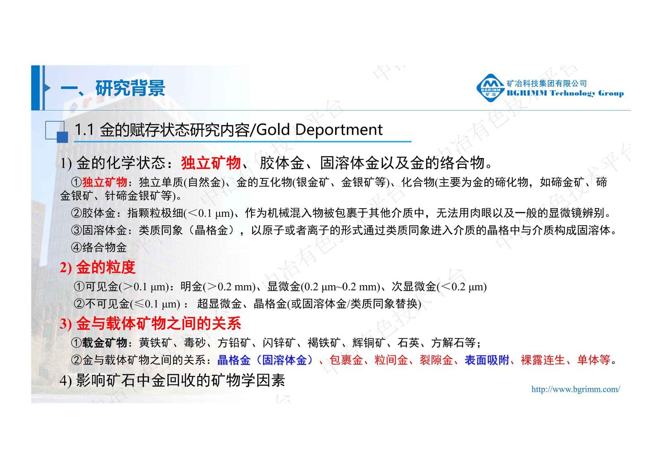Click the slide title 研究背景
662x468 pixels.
130,88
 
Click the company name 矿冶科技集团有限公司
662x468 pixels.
547,83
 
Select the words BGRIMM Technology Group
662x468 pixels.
565,94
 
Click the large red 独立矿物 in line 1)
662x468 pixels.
211,163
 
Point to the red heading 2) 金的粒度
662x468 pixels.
98,267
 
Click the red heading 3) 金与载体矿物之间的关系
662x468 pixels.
151,324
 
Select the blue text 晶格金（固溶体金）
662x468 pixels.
265,360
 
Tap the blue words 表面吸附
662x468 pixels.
487,360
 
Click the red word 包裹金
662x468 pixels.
346,360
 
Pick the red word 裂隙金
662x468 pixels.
436,360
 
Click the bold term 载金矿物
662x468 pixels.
105,343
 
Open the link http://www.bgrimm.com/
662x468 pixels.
576,389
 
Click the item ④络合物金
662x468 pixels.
99,247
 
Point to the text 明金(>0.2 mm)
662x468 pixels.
218,286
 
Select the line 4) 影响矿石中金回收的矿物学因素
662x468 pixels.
172,380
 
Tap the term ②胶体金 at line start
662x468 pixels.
93,213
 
